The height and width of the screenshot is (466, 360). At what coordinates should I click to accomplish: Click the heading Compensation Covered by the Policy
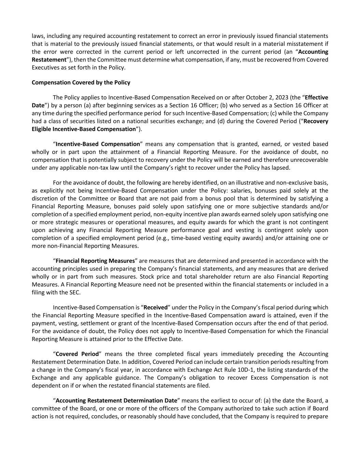pos(81,83)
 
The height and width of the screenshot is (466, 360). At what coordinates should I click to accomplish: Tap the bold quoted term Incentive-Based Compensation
pos(98,144)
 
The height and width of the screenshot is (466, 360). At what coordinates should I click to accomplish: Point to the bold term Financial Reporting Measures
pos(95,261)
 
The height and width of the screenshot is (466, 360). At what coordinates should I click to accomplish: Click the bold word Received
pos(156,308)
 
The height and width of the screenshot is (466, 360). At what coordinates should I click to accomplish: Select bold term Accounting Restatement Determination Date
pos(116,401)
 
